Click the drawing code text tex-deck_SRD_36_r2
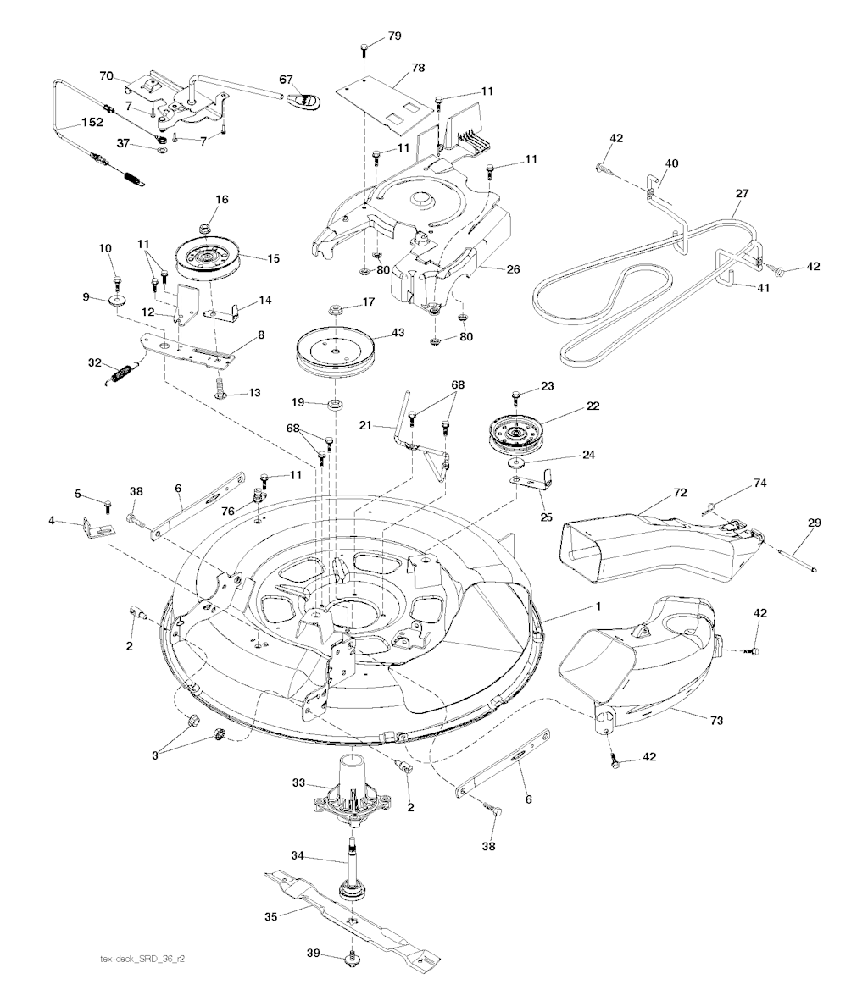click(x=142, y=960)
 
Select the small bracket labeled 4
click(x=95, y=530)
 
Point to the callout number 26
click(x=512, y=270)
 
